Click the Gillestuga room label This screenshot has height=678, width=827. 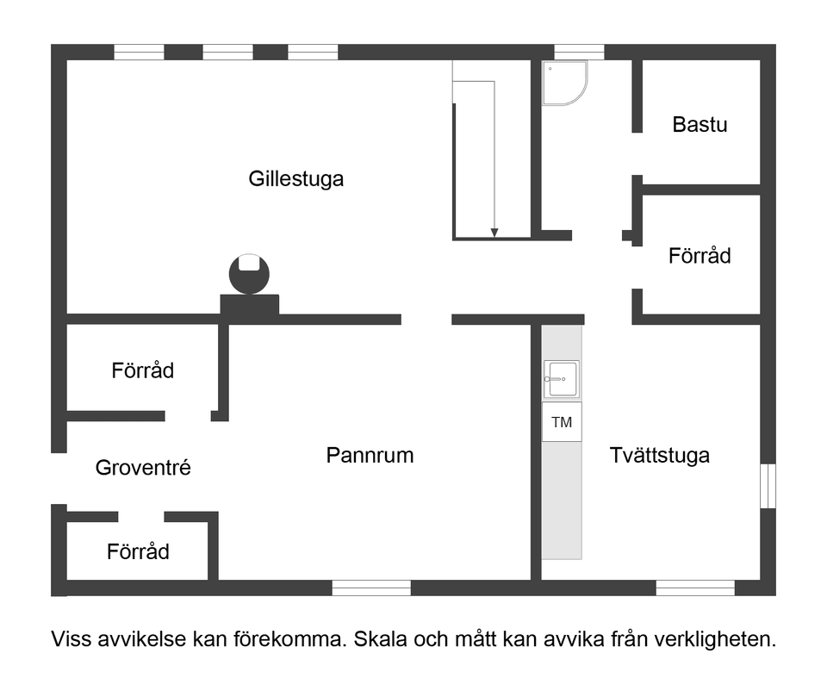pos(295,179)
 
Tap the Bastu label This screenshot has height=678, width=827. pos(700,124)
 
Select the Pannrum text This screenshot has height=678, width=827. pos(370,455)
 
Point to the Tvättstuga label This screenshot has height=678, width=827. pos(659,455)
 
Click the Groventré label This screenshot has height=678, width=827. pos(143,468)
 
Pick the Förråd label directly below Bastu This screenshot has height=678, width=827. pos(700,256)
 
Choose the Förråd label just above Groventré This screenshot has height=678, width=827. pos(142,370)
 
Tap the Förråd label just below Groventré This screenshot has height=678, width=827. pos(138,551)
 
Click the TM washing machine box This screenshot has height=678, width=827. pos(562,423)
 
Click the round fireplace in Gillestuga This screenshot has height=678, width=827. pos(249,274)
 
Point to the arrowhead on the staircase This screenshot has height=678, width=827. pos(494,232)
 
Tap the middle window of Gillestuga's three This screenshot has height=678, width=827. pos(227,53)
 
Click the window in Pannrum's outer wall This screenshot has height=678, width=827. pos(371,588)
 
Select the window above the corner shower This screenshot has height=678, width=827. pos(579,53)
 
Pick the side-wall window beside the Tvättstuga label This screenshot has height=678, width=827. pos(768,486)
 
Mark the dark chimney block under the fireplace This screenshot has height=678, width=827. pos(250,305)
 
